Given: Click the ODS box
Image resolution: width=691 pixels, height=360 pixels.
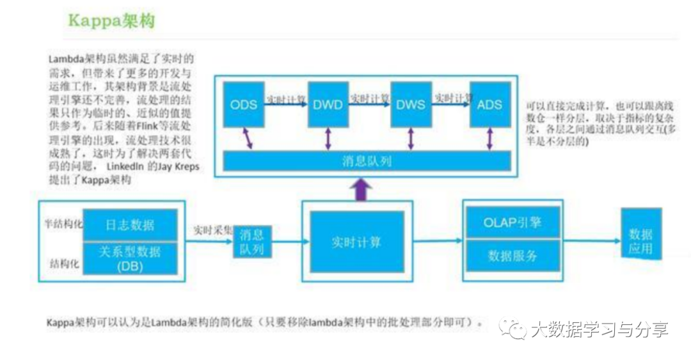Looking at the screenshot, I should click(x=244, y=104).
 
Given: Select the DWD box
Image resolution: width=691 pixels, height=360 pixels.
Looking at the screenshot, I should click(x=328, y=104).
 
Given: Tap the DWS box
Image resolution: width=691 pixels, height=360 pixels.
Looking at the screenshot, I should click(x=411, y=104).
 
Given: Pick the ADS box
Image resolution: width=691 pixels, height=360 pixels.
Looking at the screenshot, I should click(x=490, y=104).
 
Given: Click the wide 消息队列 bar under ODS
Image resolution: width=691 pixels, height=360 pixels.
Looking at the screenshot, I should click(x=367, y=160).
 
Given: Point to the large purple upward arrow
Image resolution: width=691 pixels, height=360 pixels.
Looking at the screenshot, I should click(x=363, y=189).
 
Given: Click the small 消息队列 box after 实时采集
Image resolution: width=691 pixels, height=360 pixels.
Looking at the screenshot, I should click(x=251, y=242).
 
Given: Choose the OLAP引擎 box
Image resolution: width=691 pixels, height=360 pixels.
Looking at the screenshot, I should click(x=512, y=223).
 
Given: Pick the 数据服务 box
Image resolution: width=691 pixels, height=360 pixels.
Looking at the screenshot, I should click(x=512, y=256).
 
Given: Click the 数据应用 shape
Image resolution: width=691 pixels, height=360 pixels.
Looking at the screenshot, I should click(x=640, y=233).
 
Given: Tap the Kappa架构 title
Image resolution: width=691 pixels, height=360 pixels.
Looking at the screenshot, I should click(x=111, y=21).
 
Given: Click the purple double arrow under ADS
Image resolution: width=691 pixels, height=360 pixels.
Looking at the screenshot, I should click(x=490, y=139).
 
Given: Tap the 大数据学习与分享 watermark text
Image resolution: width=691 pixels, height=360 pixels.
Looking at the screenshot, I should click(x=599, y=330).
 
